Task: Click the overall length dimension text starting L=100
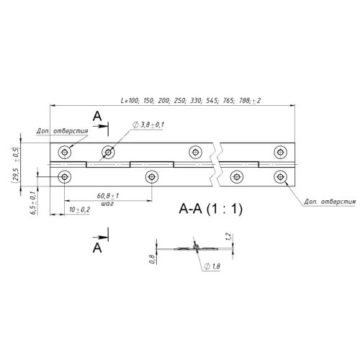[x=191, y=100]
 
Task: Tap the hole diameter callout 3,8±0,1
[x=148, y=125]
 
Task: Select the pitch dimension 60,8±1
[x=108, y=196]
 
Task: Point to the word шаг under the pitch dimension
[x=107, y=204]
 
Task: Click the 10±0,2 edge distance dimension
[x=79, y=210]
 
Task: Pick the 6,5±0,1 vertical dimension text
[x=34, y=203]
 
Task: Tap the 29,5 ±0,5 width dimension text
[x=16, y=165]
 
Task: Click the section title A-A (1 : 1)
[x=211, y=209]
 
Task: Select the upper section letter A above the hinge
[x=97, y=117]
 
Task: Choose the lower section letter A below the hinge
[x=97, y=248]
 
